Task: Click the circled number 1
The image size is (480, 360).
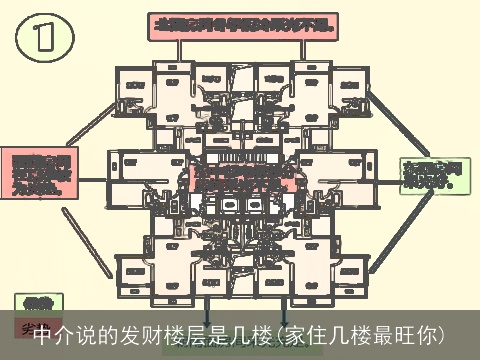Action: pos(44,41)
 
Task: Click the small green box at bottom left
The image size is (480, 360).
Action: pos(38,301)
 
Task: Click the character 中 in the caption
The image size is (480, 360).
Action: pos(43,333)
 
